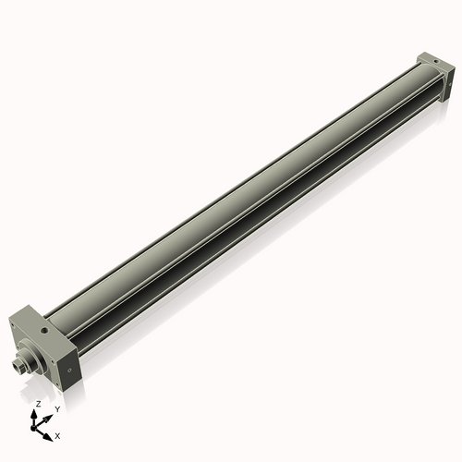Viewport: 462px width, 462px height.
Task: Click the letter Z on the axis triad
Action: (37, 405)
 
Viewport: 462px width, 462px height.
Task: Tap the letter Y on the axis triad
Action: (56, 408)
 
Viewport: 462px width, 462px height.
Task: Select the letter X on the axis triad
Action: (58, 434)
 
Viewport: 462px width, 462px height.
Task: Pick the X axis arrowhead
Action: (50, 431)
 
